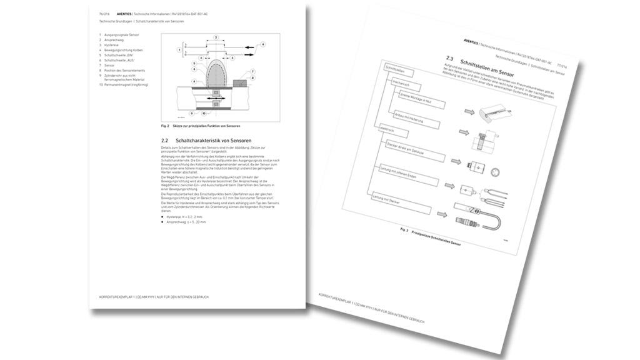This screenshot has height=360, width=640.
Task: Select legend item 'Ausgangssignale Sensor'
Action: (x=121, y=36)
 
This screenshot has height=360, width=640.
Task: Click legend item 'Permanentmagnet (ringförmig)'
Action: (x=127, y=84)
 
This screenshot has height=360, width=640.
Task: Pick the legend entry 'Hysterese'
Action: (x=112, y=46)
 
